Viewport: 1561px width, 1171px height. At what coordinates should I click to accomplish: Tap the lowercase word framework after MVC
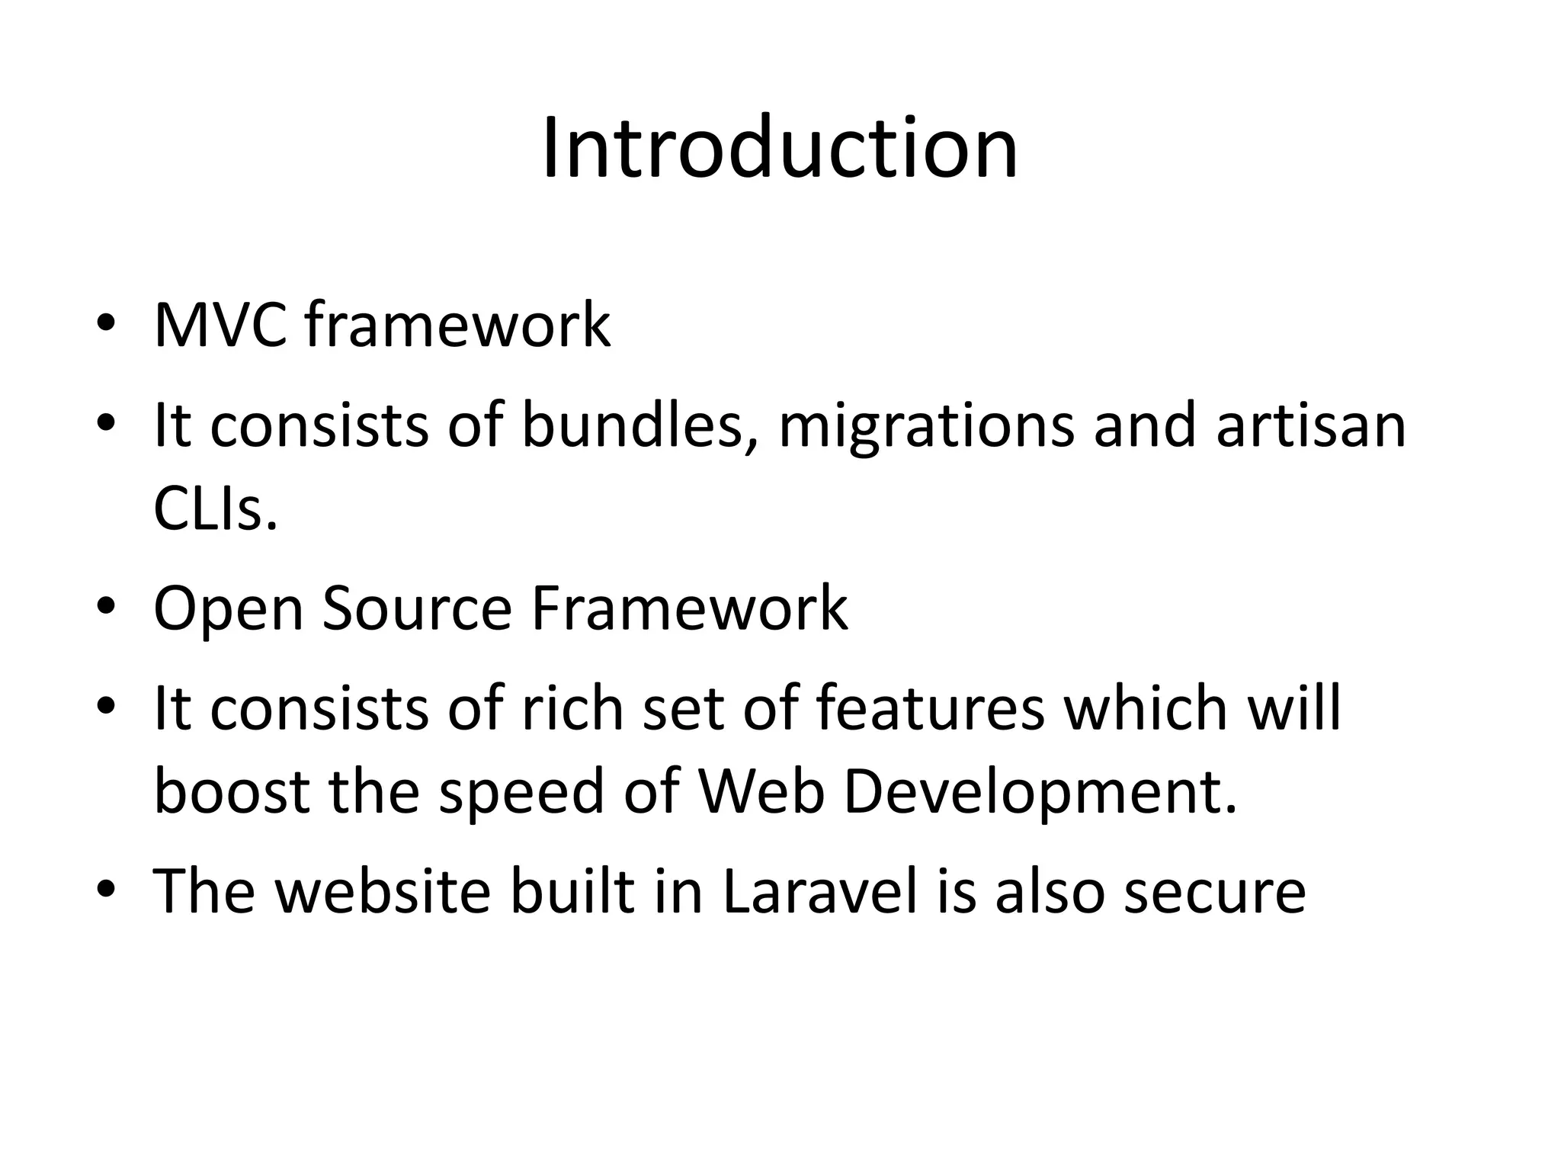pos(457,325)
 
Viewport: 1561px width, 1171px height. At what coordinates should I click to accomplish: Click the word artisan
pos(1310,425)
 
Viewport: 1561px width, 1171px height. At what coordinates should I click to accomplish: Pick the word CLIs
pos(215,509)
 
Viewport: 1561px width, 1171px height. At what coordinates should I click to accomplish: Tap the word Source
pos(417,608)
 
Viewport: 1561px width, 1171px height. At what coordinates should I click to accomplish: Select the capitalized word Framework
pos(689,608)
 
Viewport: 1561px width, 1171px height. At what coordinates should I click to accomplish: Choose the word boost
pos(232,791)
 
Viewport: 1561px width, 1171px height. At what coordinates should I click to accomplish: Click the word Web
pos(761,791)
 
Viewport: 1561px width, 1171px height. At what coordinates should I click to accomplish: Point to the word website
pos(383,890)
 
